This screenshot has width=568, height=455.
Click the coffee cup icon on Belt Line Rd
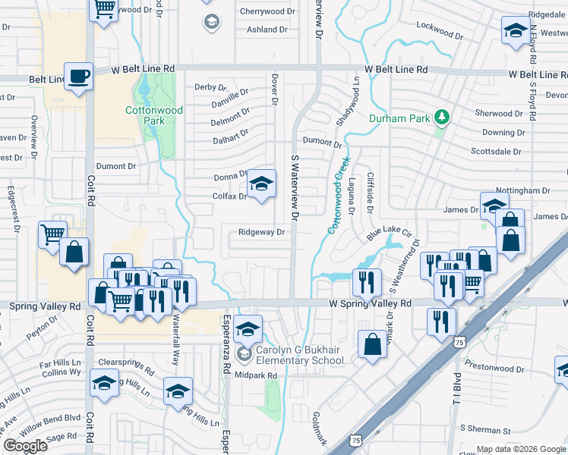point(79,77)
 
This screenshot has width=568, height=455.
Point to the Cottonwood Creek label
point(336,194)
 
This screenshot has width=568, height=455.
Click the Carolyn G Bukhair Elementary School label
point(301,355)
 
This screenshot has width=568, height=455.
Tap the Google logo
point(25,446)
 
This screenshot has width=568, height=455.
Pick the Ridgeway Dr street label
point(261,233)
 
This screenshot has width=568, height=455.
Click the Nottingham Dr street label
point(522,190)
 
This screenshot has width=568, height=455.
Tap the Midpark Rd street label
point(256,374)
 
